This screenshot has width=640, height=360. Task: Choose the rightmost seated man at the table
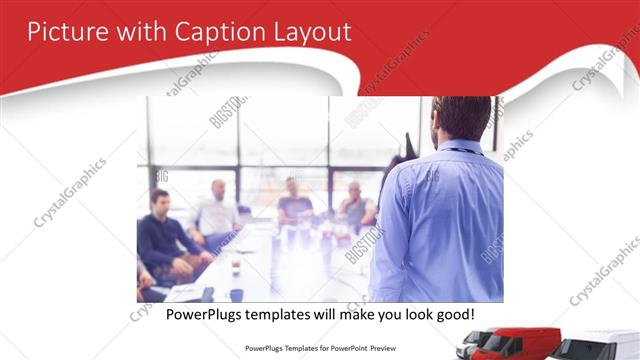(x=355, y=205)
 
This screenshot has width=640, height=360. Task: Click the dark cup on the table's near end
(x=236, y=294)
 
